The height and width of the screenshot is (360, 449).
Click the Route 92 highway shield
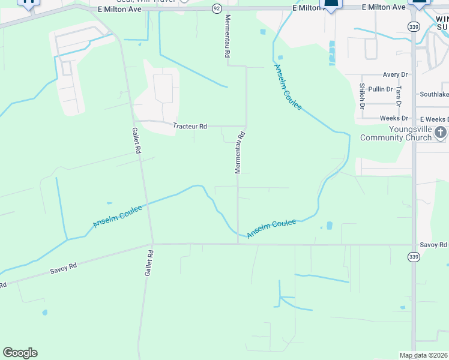tap(217, 8)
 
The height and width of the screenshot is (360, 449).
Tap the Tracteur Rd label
tap(190, 127)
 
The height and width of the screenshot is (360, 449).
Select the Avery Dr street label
tap(396, 74)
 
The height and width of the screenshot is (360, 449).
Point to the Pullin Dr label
tap(381, 89)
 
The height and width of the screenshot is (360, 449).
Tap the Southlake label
tap(434, 94)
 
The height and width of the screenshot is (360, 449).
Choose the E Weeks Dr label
tap(434, 119)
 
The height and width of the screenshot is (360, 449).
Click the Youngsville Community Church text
tap(396, 133)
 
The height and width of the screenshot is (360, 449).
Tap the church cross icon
tap(441, 132)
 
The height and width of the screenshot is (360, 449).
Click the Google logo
tap(20, 353)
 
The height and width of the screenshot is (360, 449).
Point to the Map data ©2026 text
tap(423, 355)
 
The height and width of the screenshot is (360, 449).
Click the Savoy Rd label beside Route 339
tap(433, 245)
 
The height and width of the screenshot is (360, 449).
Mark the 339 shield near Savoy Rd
tap(414, 256)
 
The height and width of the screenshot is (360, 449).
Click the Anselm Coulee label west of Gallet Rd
tap(118, 217)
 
